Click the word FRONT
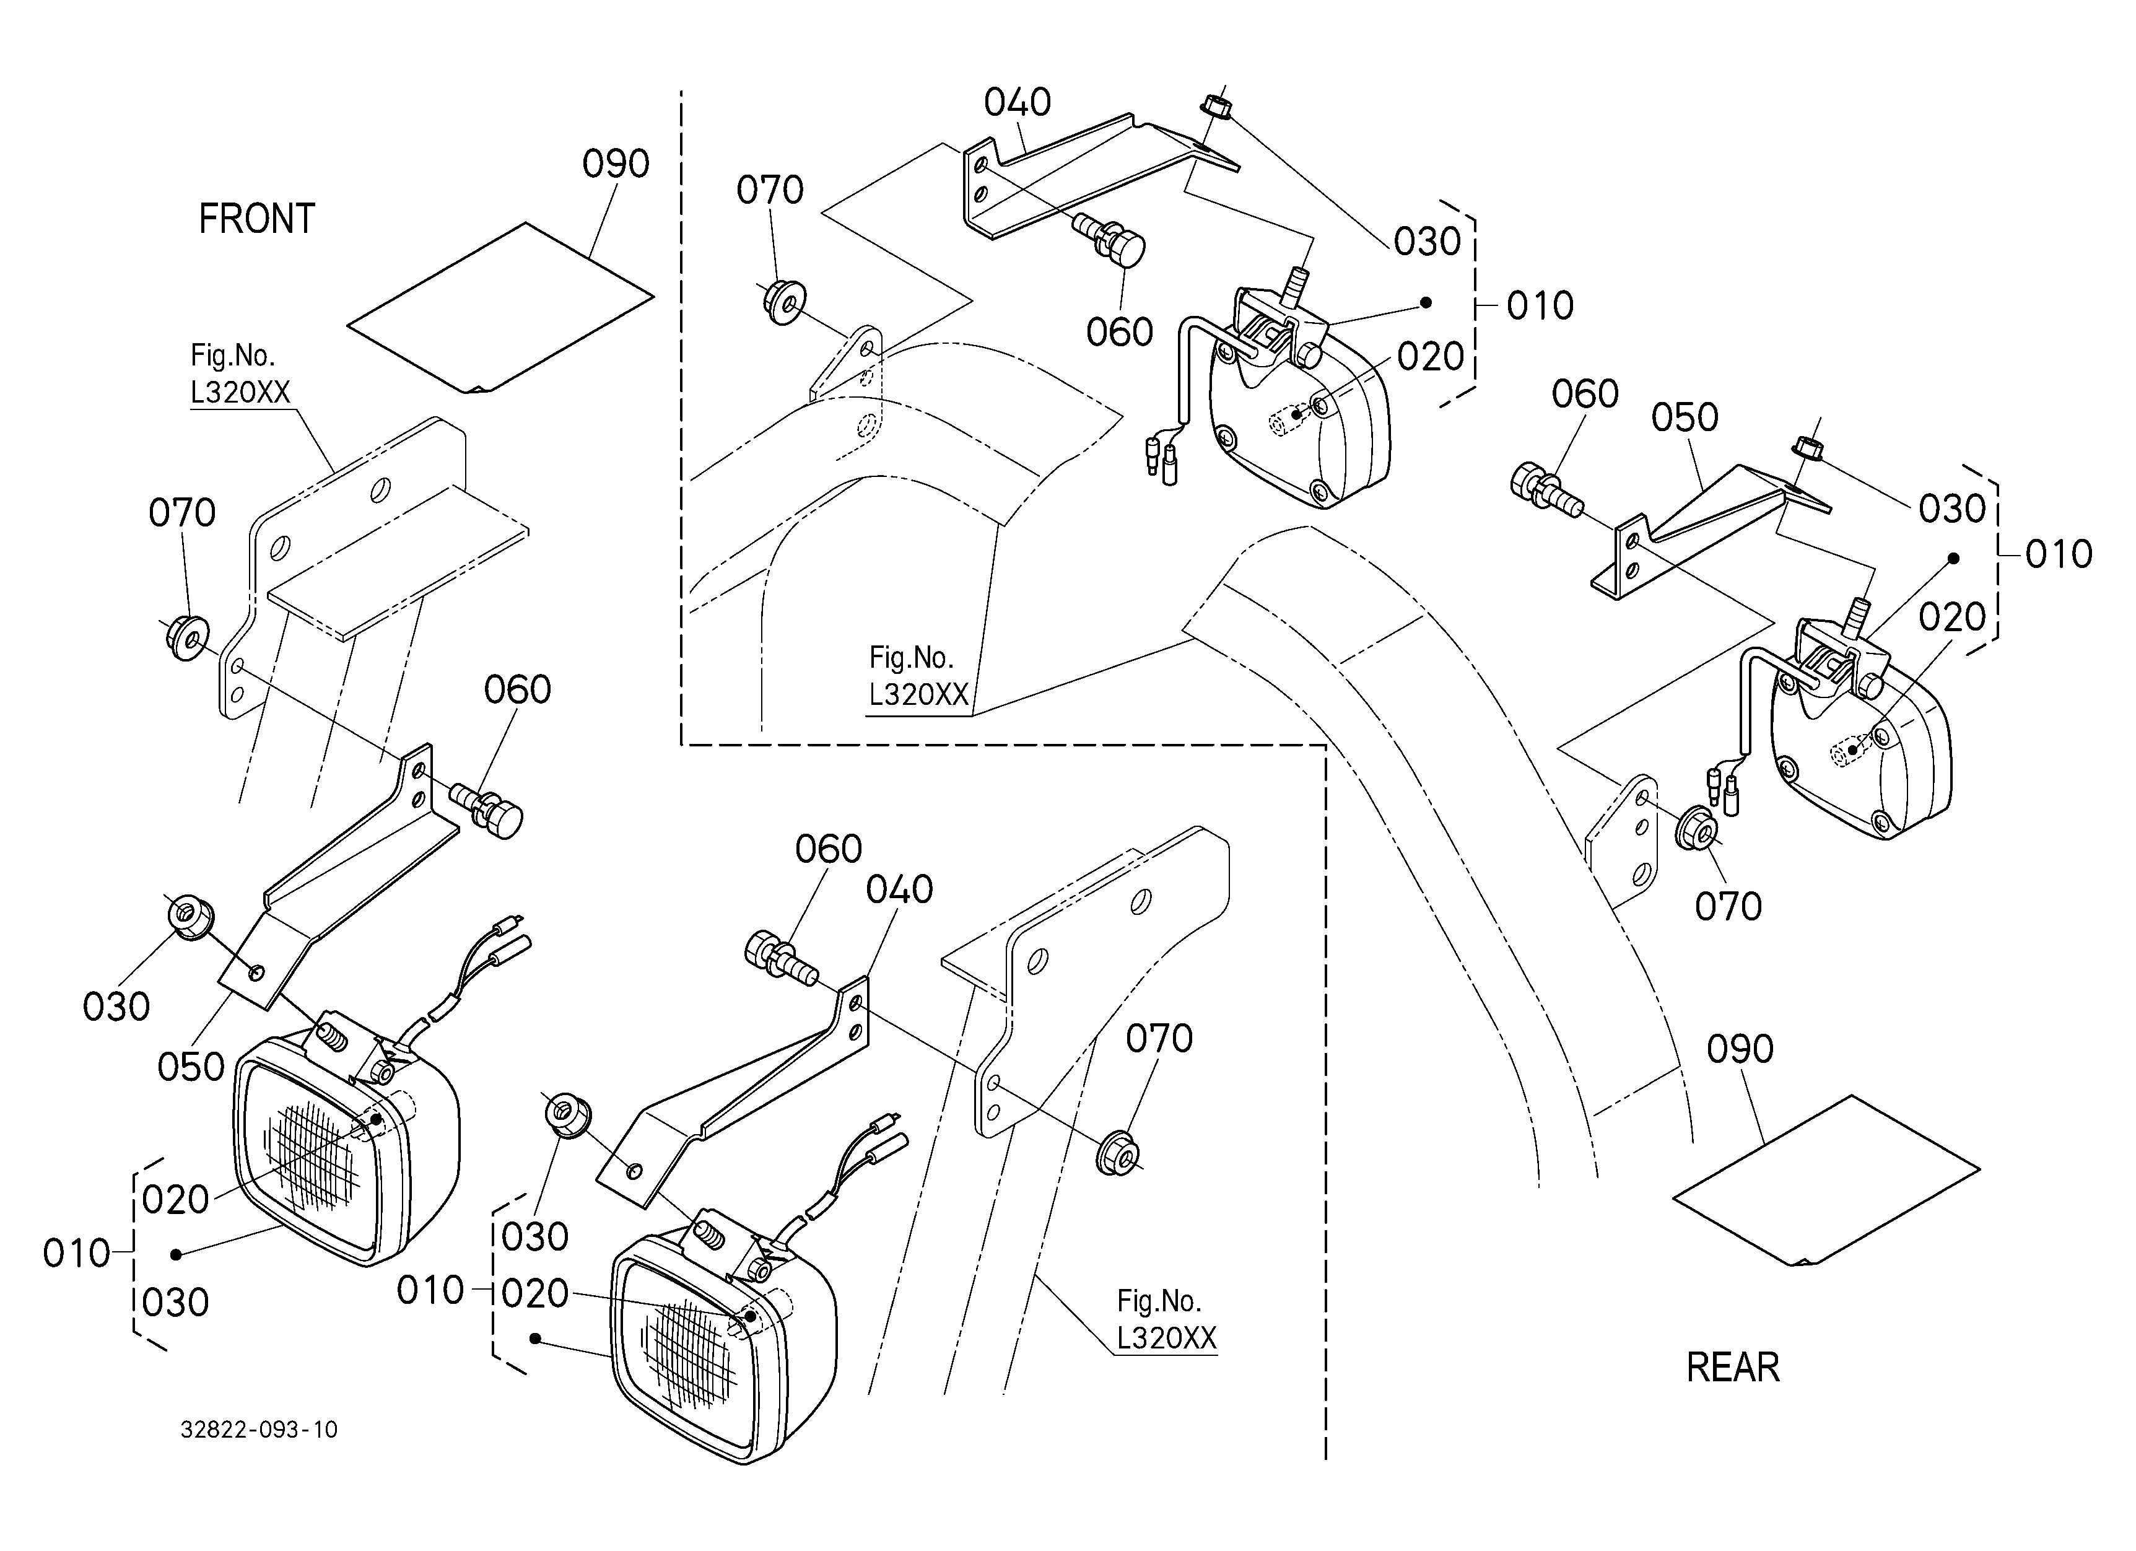(256, 219)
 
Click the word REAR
(1733, 1368)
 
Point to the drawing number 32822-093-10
(259, 1430)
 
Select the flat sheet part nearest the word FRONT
(500, 308)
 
